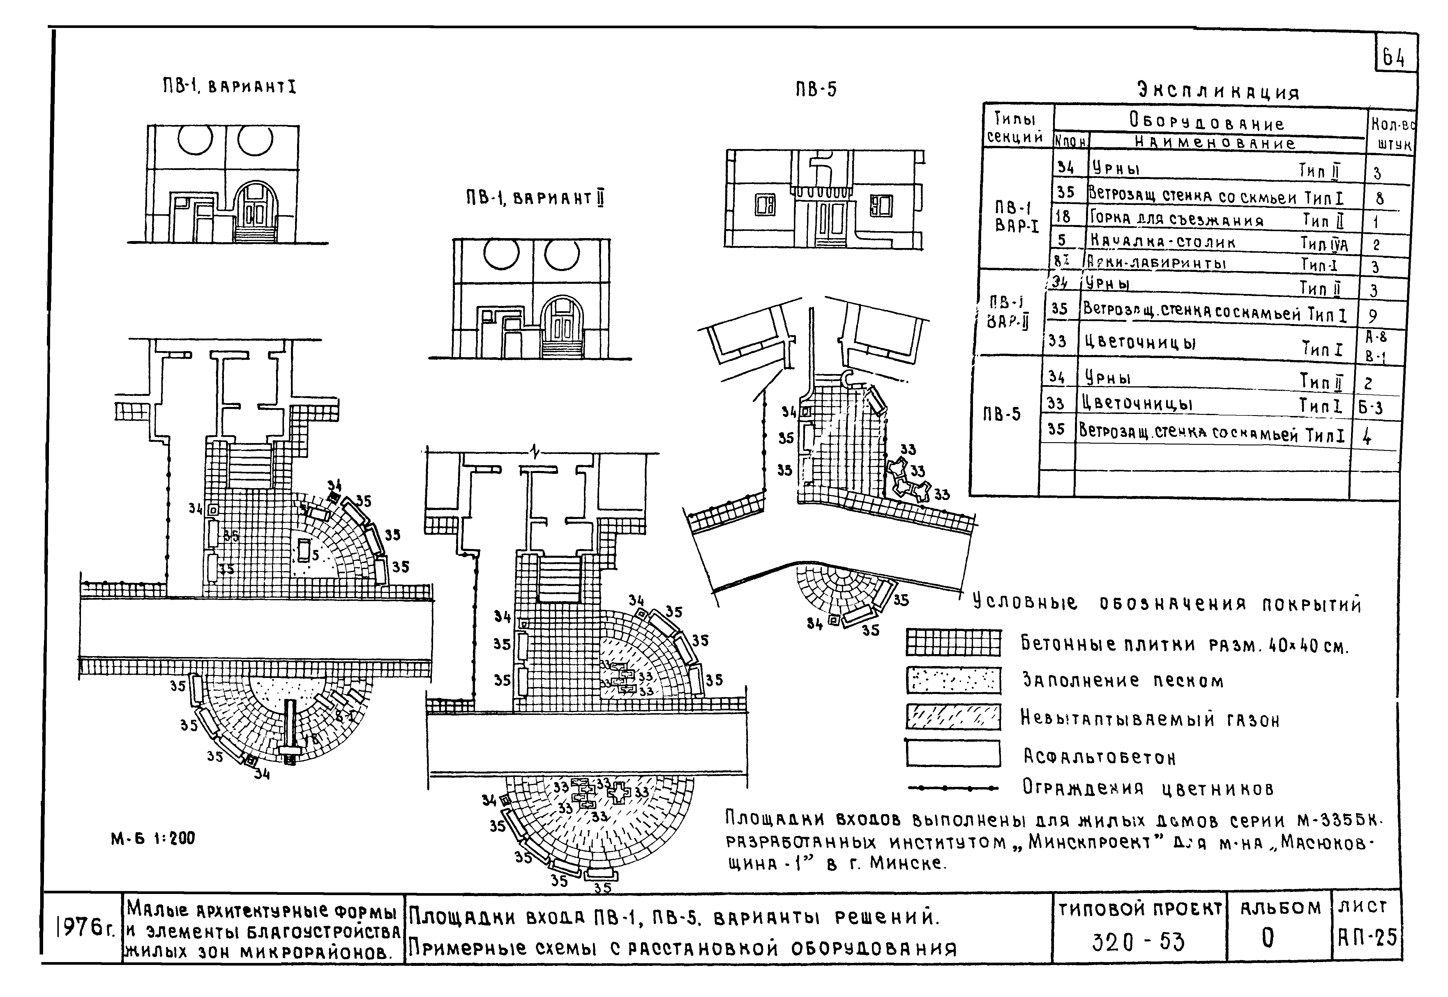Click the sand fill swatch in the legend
pyautogui.click(x=953, y=680)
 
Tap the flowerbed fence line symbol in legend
pyautogui.click(x=953, y=788)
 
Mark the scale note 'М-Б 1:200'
pyautogui.click(x=153, y=838)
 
